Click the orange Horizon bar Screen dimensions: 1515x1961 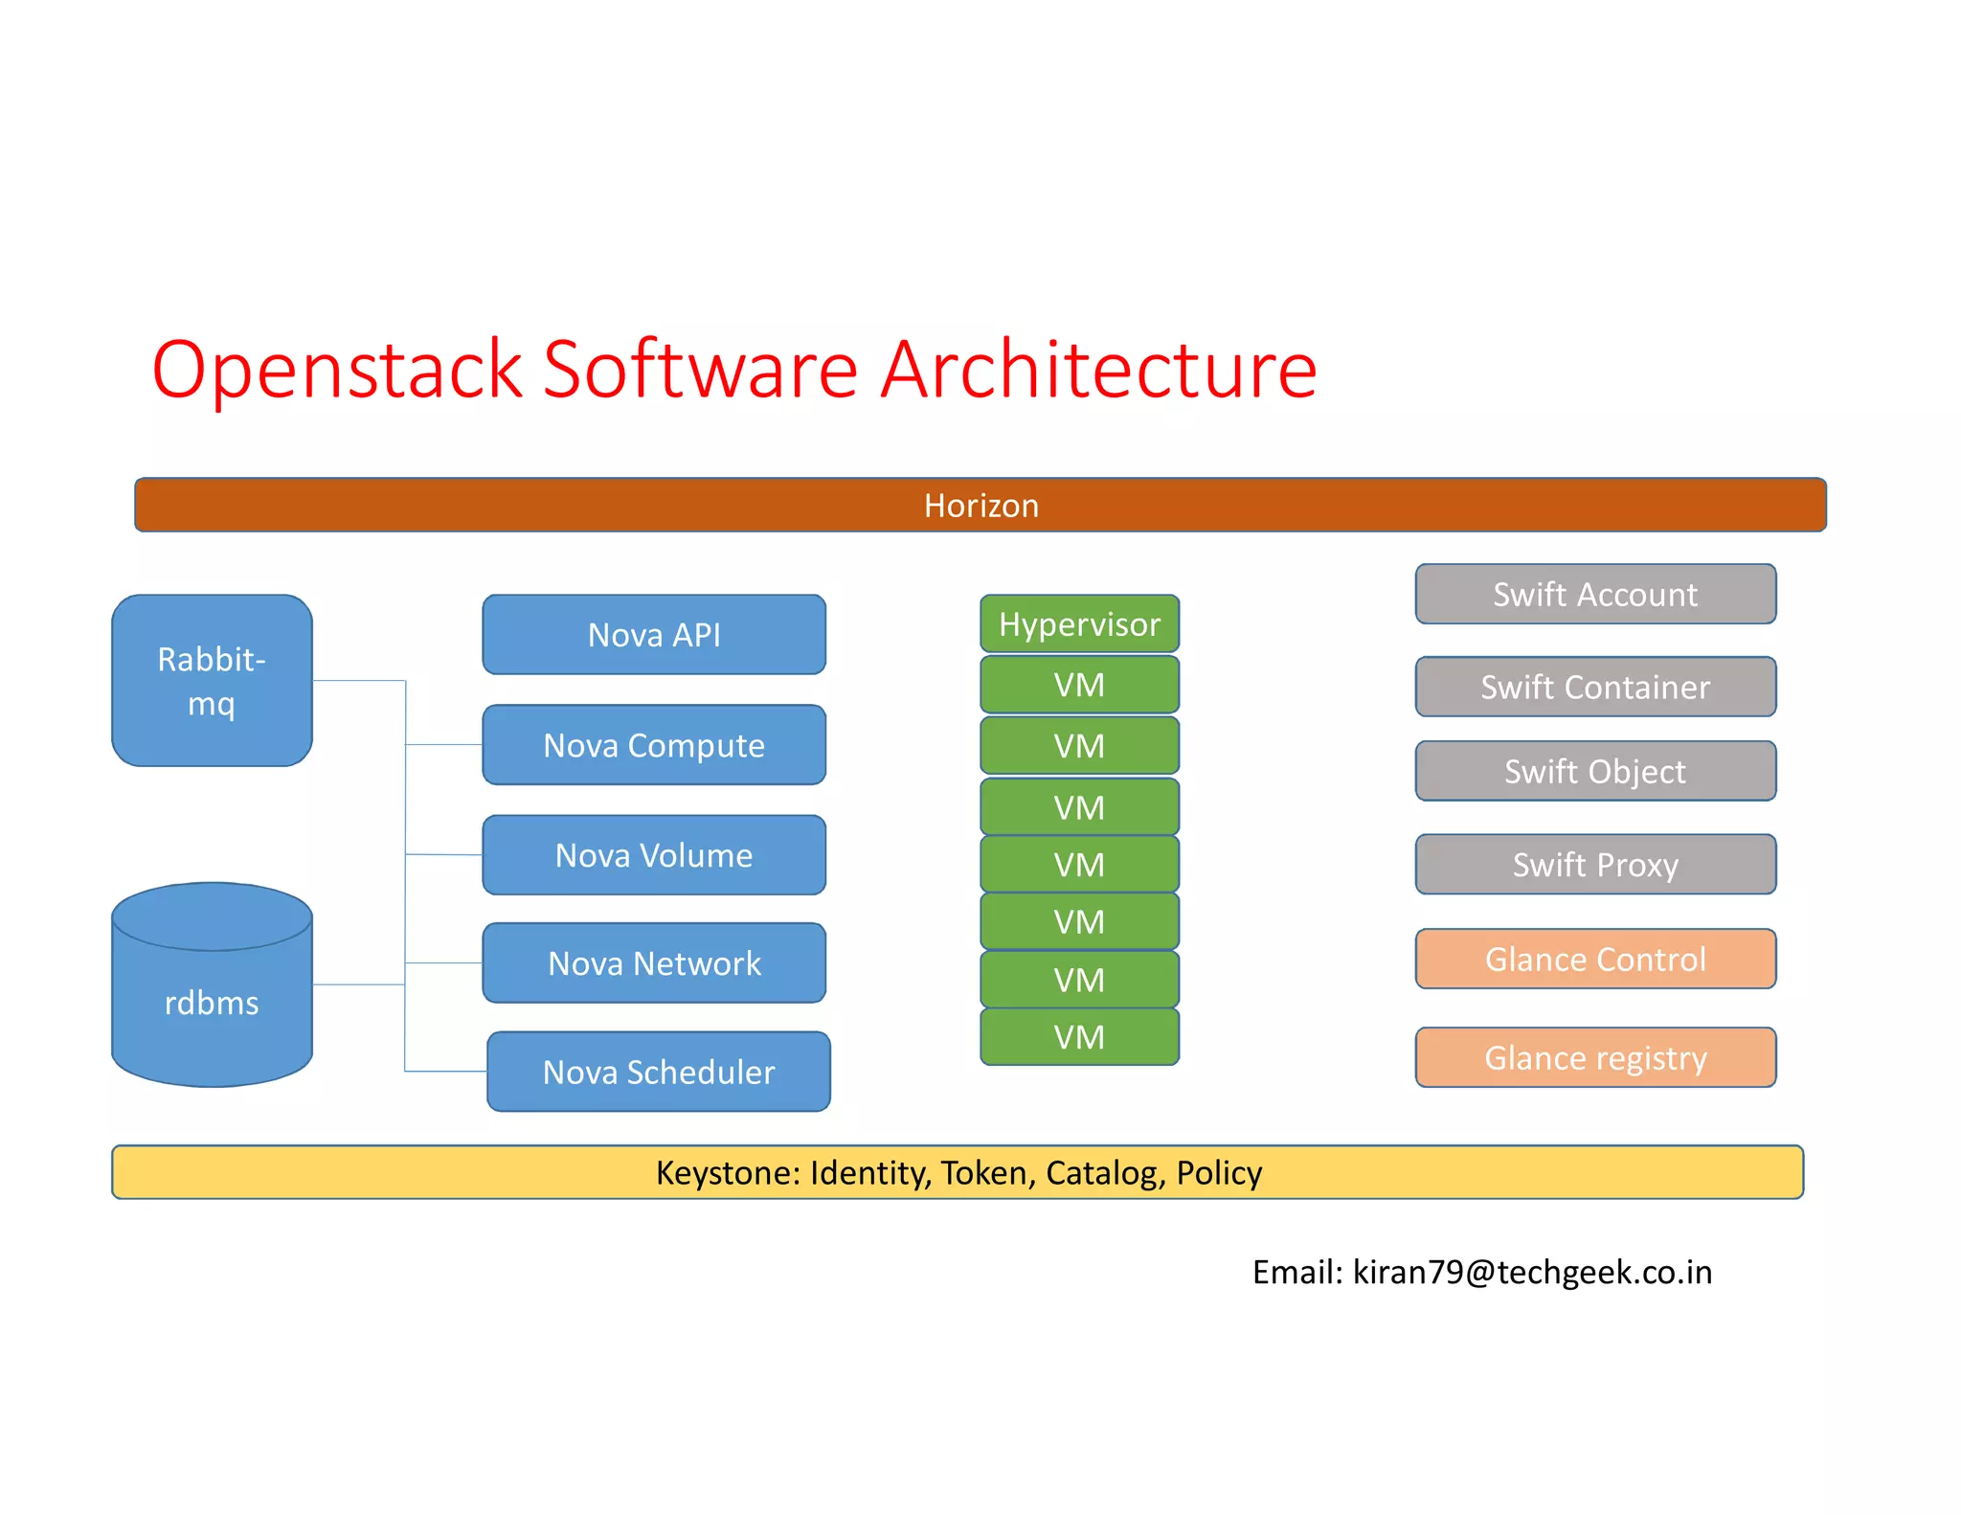[x=980, y=505]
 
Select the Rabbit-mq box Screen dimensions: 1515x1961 [x=212, y=680]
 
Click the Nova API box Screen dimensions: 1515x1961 [x=654, y=635]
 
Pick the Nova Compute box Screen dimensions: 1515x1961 [x=654, y=745]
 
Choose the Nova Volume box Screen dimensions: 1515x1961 [x=654, y=855]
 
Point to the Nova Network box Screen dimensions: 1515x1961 [x=654, y=963]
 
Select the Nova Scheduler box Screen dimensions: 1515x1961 [x=659, y=1072]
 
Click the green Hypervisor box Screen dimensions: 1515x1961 [x=1079, y=624]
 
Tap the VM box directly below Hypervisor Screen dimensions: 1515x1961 [x=1079, y=685]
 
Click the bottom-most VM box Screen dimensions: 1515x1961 [x=1079, y=1037]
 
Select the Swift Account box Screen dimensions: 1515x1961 [x=1595, y=595]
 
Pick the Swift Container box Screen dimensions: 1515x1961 [x=1595, y=687]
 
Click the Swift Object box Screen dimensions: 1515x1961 [x=1595, y=771]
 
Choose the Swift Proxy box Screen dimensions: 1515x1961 [x=1595, y=865]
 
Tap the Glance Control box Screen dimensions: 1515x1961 [x=1595, y=959]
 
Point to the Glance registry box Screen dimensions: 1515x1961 [x=1595, y=1058]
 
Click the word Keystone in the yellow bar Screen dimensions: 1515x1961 [x=727, y=1173]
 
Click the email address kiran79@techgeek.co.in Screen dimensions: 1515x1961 [x=1532, y=1272]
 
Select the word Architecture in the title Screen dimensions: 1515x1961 [x=1098, y=370]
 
